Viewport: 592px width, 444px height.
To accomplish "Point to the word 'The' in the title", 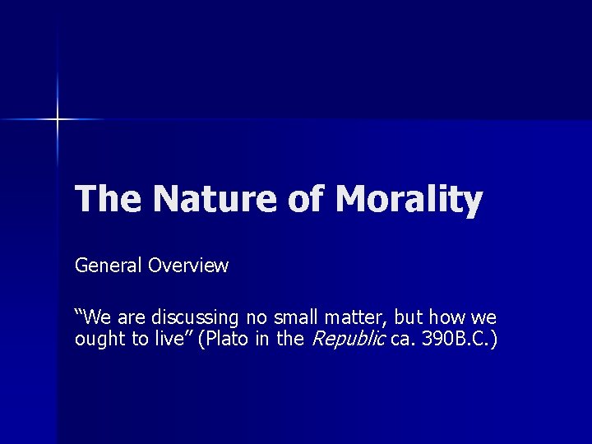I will [x=107, y=200].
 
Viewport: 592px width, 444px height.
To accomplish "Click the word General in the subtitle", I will [x=108, y=266].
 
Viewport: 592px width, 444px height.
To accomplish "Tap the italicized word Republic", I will [x=346, y=340].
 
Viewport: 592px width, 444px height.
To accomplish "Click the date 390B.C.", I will [x=455, y=340].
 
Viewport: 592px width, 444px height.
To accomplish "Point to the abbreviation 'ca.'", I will [x=403, y=340].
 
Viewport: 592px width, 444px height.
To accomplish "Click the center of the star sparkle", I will [x=58, y=120].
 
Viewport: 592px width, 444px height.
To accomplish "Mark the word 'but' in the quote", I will [x=411, y=317].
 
